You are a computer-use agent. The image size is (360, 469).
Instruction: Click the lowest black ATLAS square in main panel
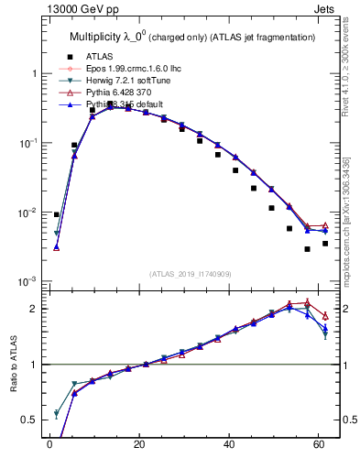[307, 249]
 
